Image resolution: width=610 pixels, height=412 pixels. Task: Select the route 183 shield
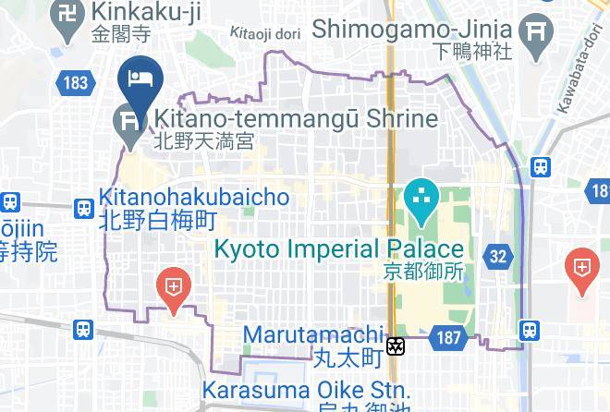click(76, 83)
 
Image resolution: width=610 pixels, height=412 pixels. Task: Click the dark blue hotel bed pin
click(140, 79)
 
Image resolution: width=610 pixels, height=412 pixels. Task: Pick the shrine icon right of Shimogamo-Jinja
click(535, 33)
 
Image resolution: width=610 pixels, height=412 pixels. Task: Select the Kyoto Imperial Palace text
click(339, 248)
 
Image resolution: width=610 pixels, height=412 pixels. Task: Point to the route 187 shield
click(448, 338)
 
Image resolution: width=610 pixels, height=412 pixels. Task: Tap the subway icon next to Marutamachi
click(396, 346)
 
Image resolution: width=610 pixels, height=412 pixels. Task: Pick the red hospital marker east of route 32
click(582, 269)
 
